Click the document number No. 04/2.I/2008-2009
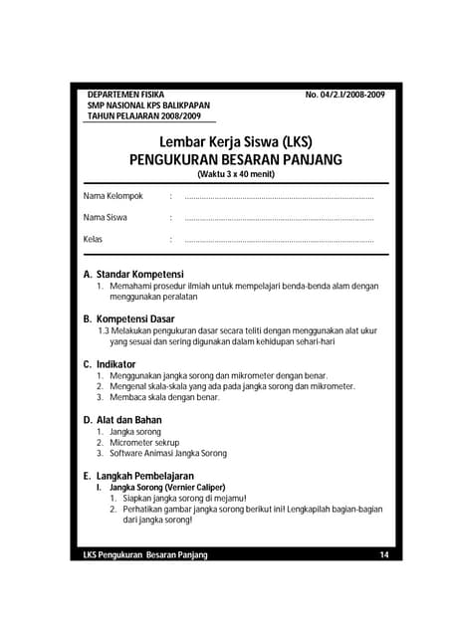344,95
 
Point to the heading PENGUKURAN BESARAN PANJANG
235,159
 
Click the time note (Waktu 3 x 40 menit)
235,174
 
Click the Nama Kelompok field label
113,196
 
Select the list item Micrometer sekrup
144,442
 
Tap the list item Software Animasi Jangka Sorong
168,453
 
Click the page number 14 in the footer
384,554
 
